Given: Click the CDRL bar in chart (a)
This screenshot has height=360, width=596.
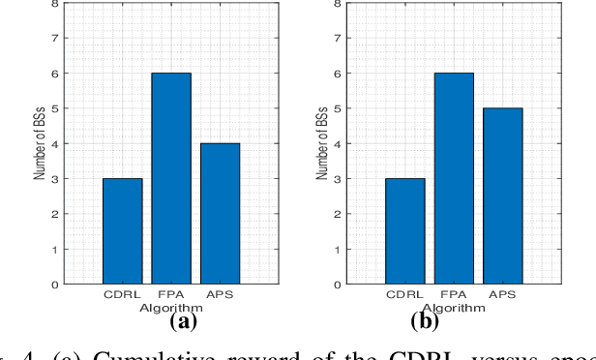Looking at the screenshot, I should click(123, 231).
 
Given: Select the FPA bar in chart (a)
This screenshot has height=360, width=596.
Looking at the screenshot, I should click(171, 178).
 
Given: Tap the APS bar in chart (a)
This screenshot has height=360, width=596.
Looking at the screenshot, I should click(220, 214).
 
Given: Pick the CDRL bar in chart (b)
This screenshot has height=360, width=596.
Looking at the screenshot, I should click(404, 231).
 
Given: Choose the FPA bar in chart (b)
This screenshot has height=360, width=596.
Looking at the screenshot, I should click(453, 178).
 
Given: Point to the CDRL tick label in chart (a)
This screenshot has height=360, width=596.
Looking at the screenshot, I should click(123, 295).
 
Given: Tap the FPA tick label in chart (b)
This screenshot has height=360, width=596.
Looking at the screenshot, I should click(453, 295).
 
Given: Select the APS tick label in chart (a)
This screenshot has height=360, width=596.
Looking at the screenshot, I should click(220, 295).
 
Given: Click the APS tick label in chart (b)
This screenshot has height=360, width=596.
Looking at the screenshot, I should click(501, 295).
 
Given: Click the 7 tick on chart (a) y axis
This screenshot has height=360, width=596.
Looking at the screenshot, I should click(62, 39).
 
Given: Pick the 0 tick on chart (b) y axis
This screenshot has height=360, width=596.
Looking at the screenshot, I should click(343, 285).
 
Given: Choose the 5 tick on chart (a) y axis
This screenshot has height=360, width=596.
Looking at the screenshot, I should click(62, 109).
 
